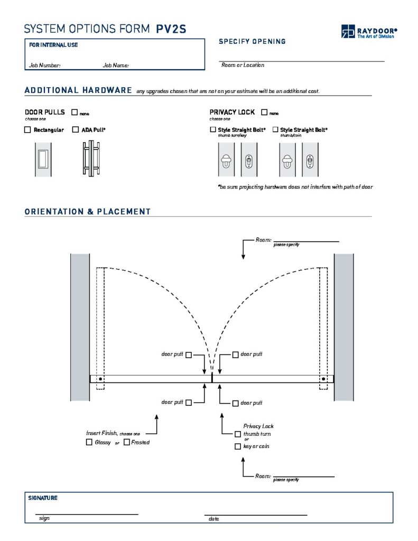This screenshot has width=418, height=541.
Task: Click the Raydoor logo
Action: pyautogui.click(x=369, y=32)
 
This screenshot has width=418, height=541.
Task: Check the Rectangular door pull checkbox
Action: pyautogui.click(x=27, y=130)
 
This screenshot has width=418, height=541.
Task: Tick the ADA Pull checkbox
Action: pyautogui.click(x=75, y=130)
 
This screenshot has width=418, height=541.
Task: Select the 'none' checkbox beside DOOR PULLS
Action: pyautogui.click(x=75, y=113)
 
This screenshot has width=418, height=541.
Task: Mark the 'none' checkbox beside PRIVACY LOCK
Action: pyautogui.click(x=264, y=113)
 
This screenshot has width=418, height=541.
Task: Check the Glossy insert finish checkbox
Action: pyautogui.click(x=89, y=442)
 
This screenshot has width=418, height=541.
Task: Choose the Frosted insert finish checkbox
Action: pyautogui.click(x=127, y=442)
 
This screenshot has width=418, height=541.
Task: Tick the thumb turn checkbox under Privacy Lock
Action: pyautogui.click(x=238, y=434)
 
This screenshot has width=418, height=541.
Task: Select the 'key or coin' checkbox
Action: pyautogui.click(x=238, y=447)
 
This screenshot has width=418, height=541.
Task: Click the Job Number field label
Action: pyautogui.click(x=45, y=66)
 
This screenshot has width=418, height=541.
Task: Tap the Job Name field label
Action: pyautogui.click(x=116, y=66)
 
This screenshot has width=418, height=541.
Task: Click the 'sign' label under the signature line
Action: pyautogui.click(x=44, y=519)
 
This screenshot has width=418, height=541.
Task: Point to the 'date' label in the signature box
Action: pyautogui.click(x=213, y=519)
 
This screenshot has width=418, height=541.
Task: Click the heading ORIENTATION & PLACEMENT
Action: pyautogui.click(x=88, y=212)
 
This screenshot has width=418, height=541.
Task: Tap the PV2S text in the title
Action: pyautogui.click(x=171, y=29)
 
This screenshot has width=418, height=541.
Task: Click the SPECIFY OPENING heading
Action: pyautogui.click(x=252, y=41)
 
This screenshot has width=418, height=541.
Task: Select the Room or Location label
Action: pyautogui.click(x=243, y=65)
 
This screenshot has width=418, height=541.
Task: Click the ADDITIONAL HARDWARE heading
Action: pyautogui.click(x=78, y=90)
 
